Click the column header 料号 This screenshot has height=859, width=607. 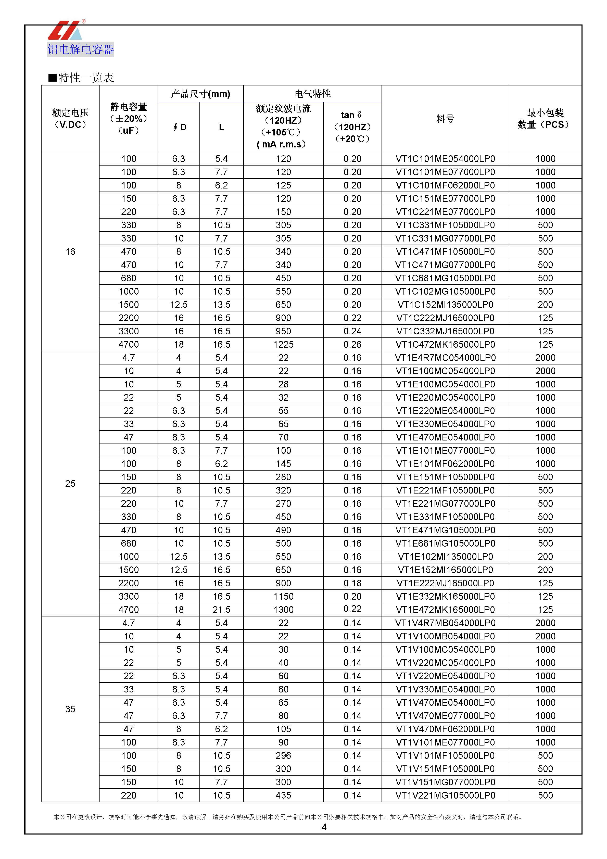[x=445, y=119]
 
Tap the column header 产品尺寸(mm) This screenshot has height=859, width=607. [x=200, y=94]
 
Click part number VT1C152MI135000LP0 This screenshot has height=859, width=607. [x=445, y=305]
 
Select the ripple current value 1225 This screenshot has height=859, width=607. [x=283, y=344]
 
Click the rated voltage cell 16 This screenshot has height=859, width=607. [x=70, y=252]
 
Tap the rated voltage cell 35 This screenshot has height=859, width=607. [x=70, y=709]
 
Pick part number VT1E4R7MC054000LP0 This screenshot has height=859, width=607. [x=445, y=358]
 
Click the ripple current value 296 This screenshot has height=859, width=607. [x=283, y=755]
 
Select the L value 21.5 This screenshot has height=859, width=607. [x=222, y=610]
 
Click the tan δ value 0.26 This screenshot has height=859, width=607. [x=352, y=344]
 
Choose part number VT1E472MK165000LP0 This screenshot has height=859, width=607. [x=445, y=610]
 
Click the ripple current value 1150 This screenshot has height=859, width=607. [x=283, y=596]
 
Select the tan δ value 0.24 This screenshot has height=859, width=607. [x=352, y=331]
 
